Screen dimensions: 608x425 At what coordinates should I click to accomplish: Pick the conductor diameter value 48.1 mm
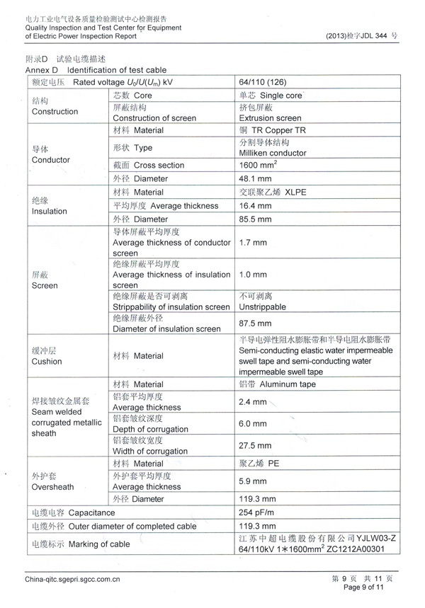256,178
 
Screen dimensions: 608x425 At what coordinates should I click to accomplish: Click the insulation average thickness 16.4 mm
256,205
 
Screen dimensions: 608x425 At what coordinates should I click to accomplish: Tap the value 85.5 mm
256,219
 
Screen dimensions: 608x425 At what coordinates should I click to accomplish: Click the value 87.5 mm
256,323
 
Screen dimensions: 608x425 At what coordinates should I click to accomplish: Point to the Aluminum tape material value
278,384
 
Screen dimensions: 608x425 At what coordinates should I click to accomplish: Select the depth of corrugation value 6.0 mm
253,423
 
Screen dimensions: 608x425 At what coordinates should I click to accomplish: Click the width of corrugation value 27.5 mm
256,446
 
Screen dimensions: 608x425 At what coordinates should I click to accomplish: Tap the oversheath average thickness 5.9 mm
253,481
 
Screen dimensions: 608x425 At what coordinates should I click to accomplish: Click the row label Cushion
47,361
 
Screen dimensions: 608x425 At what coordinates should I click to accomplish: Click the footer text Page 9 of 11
363,587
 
